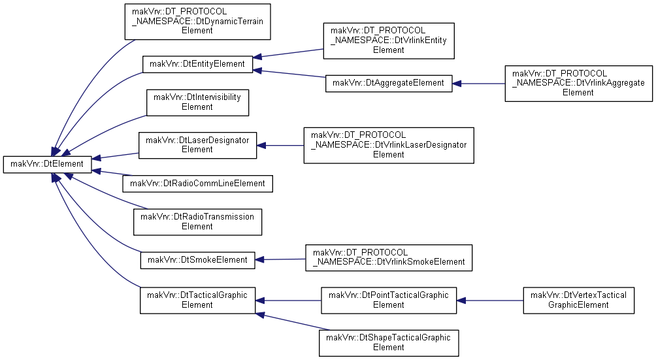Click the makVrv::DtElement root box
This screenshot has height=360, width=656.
pyautogui.click(x=47, y=165)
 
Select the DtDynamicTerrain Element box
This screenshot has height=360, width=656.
pyautogui.click(x=197, y=22)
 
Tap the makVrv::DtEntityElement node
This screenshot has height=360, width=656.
pyautogui.click(x=197, y=65)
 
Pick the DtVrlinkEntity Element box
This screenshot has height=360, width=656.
pyautogui.click(x=389, y=41)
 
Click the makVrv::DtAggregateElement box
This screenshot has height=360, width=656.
pyautogui.click(x=389, y=84)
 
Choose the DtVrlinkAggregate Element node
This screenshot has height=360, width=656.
pyautogui.click(x=579, y=84)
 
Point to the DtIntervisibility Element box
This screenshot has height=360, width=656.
pyautogui.click(x=197, y=103)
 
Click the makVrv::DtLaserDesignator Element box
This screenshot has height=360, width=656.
pyautogui.click(x=197, y=146)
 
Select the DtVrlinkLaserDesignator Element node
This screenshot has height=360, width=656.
pyautogui.click(x=389, y=146)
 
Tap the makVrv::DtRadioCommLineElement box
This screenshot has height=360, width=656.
pyautogui.click(x=197, y=184)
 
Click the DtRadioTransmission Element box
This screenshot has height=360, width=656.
pyautogui.click(x=197, y=222)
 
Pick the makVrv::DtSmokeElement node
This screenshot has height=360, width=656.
pyautogui.click(x=197, y=260)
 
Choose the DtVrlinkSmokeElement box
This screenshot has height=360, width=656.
pyautogui.click(x=389, y=258)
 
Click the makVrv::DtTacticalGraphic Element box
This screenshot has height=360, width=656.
pyautogui.click(x=197, y=300)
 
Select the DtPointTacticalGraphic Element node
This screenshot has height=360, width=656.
pyautogui.click(x=389, y=300)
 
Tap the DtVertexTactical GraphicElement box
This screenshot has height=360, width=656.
pyautogui.click(x=579, y=300)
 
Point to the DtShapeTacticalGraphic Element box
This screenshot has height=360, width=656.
pyautogui.click(x=389, y=343)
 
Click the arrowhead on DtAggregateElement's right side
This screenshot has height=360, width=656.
pyautogui.click(x=457, y=84)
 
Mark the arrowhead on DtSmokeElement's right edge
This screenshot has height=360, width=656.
pyautogui.click(x=259, y=260)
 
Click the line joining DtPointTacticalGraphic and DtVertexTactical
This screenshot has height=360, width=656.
pyautogui.click(x=490, y=300)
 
